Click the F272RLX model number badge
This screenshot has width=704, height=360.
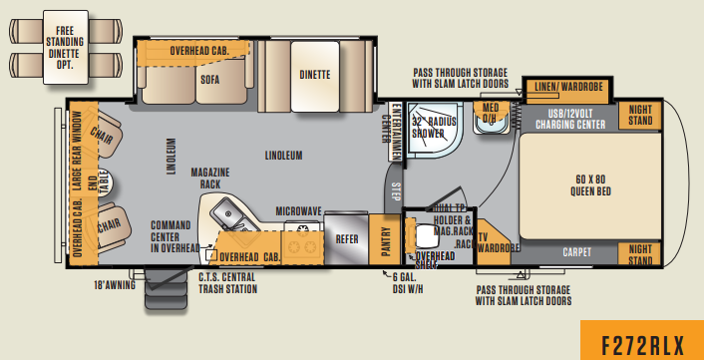tap(641, 342)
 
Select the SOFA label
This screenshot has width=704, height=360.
tap(208, 81)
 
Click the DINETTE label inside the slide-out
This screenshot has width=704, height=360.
tap(315, 74)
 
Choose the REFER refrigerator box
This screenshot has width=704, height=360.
tap(346, 239)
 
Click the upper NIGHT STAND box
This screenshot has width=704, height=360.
tap(640, 115)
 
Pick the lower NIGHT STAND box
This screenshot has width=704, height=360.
tap(640, 253)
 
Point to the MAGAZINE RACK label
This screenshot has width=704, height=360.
tap(210, 177)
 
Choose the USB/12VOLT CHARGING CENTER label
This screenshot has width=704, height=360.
tap(568, 121)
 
